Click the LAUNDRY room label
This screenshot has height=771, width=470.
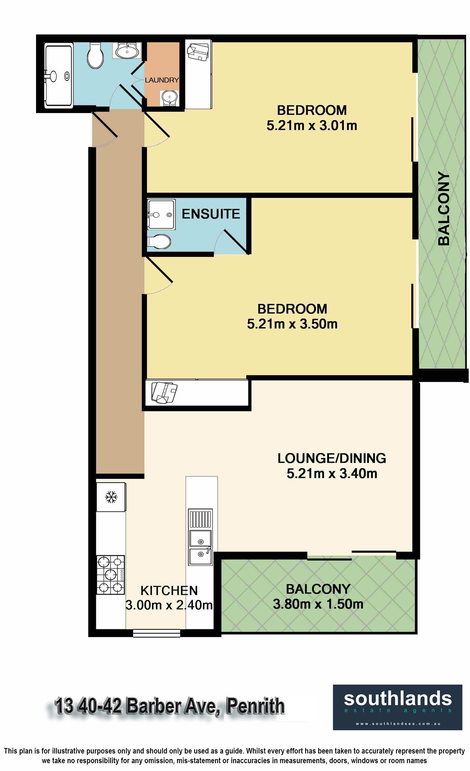[x=162, y=80]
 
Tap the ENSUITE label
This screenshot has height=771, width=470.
[x=211, y=214]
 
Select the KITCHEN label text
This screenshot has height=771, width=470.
[x=169, y=591]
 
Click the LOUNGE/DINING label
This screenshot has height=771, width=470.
[x=332, y=458]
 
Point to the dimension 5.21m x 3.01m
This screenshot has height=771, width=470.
[x=312, y=126]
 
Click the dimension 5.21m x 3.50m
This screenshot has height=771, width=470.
[x=292, y=324]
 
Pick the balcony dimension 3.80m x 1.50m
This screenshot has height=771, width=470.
[x=318, y=604]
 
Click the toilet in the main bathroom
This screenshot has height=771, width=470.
[x=95, y=55]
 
